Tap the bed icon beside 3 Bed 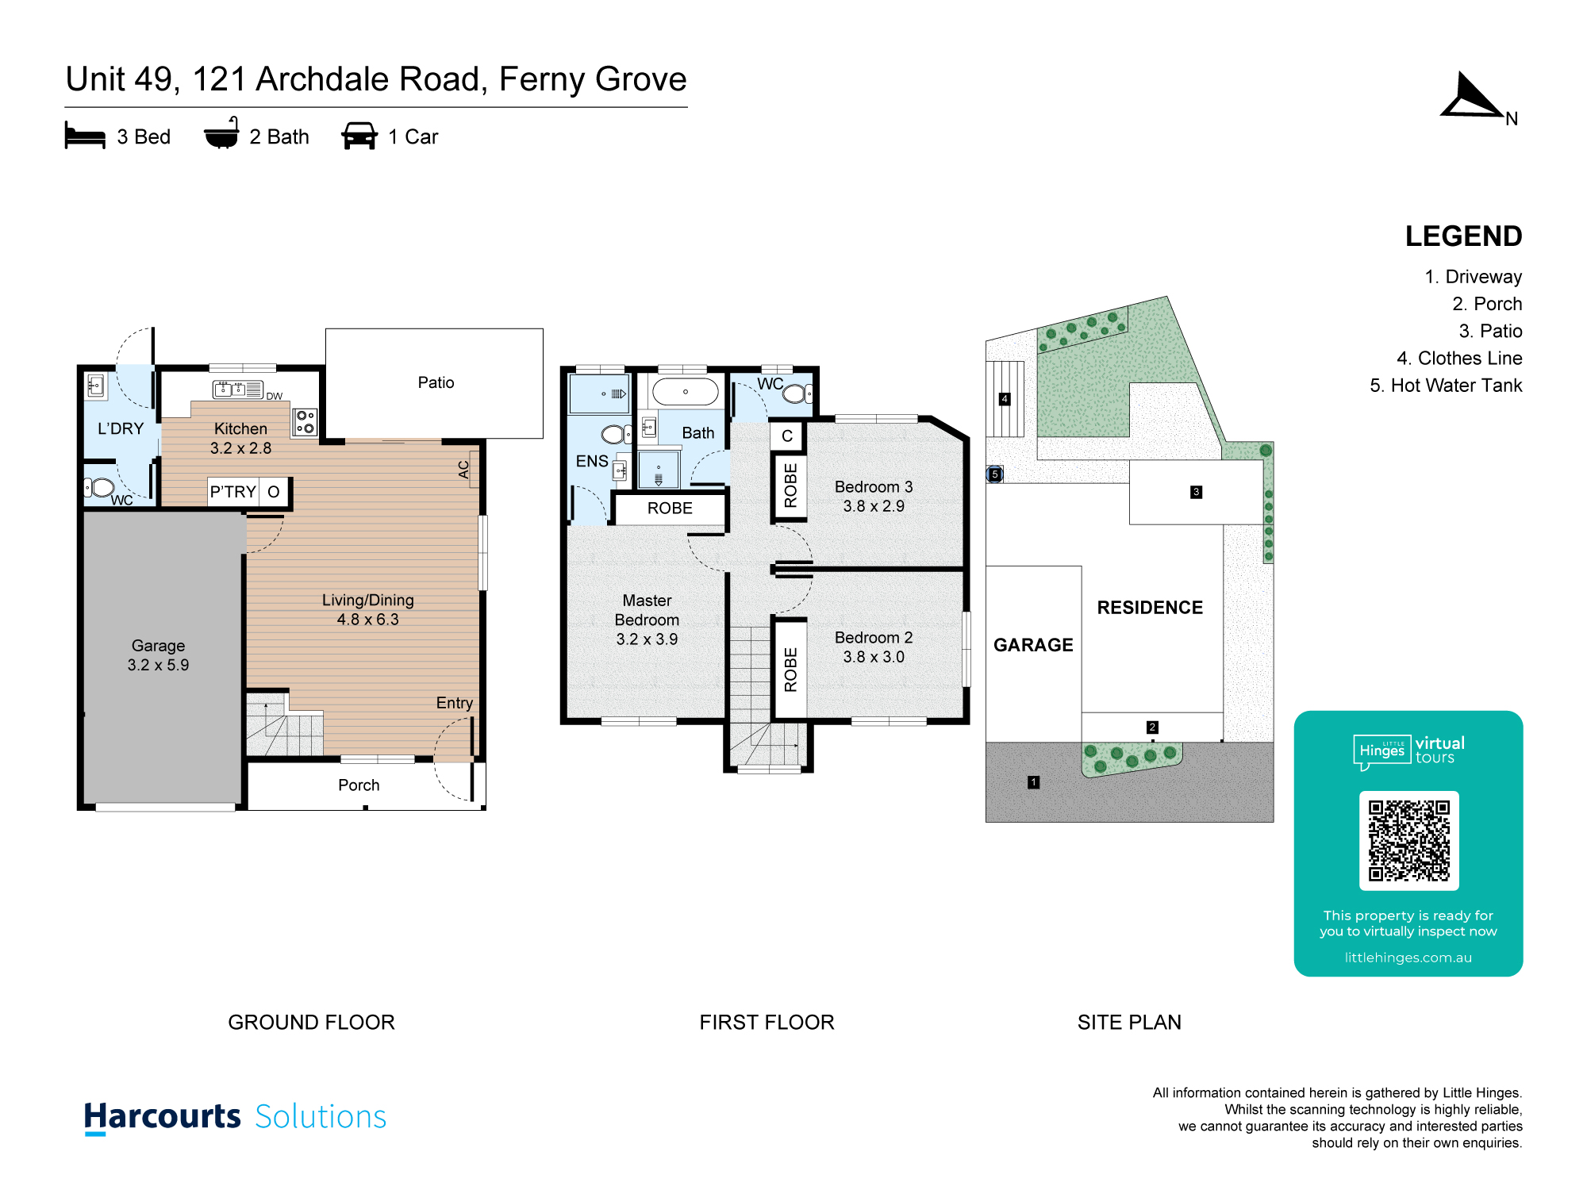[x=85, y=136]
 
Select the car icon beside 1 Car [x=359, y=136]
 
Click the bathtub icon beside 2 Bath [x=221, y=133]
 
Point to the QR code [x=1408, y=841]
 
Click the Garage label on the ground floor [x=158, y=646]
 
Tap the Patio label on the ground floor [x=436, y=382]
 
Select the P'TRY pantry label [x=232, y=492]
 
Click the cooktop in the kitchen [x=305, y=422]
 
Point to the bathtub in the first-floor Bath [x=685, y=392]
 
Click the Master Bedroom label [x=647, y=610]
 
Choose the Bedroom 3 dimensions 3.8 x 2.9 [x=874, y=506]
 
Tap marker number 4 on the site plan [x=1005, y=399]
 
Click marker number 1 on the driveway [x=1033, y=782]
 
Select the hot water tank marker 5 [x=994, y=474]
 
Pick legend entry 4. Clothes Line [x=1459, y=359]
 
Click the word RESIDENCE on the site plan [x=1150, y=608]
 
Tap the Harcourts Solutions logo [x=235, y=1117]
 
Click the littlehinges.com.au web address [x=1408, y=958]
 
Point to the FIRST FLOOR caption [x=767, y=1022]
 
